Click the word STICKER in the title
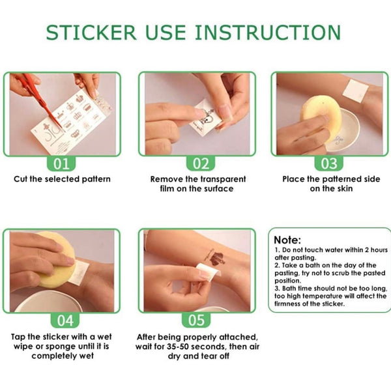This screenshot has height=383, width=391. (91, 33)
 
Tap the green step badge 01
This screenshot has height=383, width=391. (61, 163)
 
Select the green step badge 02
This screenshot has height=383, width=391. (201, 163)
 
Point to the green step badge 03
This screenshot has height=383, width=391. (329, 163)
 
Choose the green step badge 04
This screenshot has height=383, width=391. (65, 320)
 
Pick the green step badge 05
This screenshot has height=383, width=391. (196, 320)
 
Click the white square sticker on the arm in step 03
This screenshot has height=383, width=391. (356, 91)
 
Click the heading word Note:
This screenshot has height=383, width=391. (287, 240)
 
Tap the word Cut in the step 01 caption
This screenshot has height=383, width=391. (20, 179)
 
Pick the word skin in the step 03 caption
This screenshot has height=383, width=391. (345, 189)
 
